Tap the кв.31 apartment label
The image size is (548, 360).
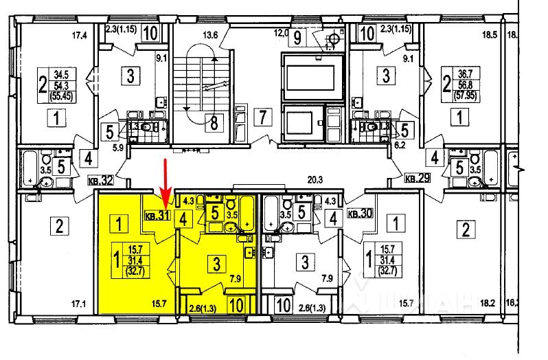pyautogui.click(x=157, y=216)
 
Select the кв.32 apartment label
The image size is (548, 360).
pyautogui.click(x=100, y=182)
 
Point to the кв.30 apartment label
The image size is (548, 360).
pyautogui.click(x=361, y=214)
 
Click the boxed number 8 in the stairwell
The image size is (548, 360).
pyautogui.click(x=214, y=124)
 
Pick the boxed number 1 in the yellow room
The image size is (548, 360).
pyautogui.click(x=119, y=223)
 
